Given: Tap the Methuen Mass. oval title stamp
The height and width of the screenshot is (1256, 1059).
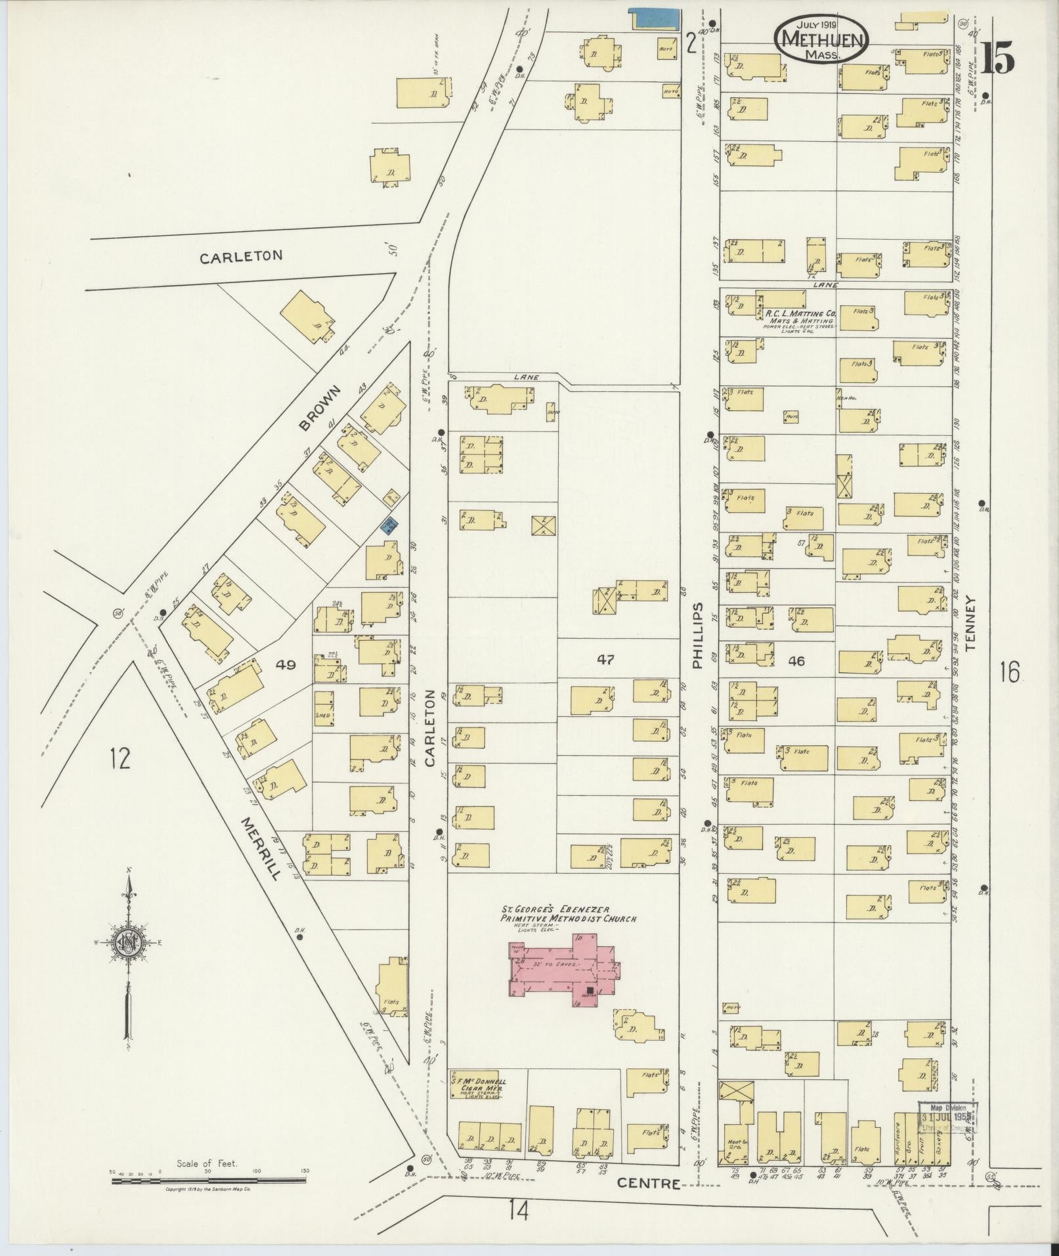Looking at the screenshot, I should pyautogui.click(x=822, y=39).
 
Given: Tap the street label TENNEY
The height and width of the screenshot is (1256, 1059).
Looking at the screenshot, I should pyautogui.click(x=971, y=622).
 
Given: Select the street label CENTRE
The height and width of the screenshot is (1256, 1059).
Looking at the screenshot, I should pyautogui.click(x=648, y=1183).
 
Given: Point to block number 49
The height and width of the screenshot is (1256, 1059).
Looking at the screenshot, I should pyautogui.click(x=286, y=664).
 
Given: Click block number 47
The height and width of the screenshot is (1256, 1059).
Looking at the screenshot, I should pyautogui.click(x=605, y=659).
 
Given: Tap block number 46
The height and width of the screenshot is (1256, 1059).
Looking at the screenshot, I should pyautogui.click(x=796, y=661).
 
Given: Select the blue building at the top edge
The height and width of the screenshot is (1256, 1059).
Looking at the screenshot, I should pyautogui.click(x=653, y=19).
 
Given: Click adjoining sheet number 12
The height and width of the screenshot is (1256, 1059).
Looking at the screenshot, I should pyautogui.click(x=120, y=759).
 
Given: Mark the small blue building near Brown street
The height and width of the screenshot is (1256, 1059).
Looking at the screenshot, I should pyautogui.click(x=390, y=525).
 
